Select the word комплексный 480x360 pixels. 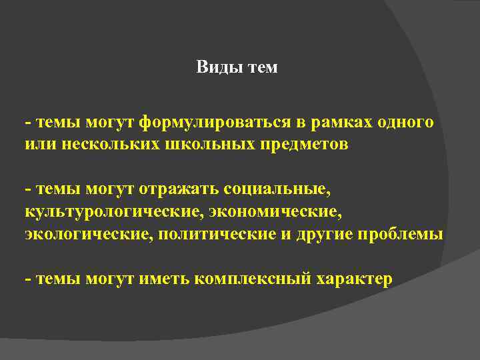tap(253, 279)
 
